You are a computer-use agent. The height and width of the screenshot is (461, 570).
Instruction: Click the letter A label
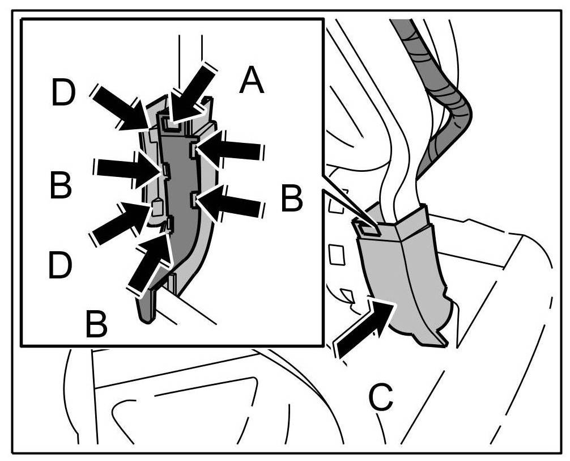252,81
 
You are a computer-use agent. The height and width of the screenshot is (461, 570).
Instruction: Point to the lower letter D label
61,265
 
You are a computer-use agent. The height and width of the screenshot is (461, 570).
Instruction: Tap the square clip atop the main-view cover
366,227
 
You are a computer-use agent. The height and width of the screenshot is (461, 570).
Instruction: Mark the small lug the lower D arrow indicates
157,207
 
